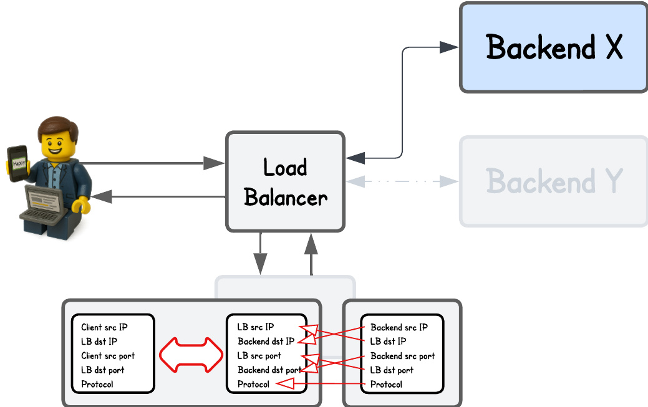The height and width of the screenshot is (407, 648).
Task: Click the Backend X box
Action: pos(553,47)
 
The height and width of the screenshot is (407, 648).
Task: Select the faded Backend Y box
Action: pos(553,181)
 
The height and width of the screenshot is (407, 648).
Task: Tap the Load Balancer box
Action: pos(285,182)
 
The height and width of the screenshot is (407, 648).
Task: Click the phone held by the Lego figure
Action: pos(17,163)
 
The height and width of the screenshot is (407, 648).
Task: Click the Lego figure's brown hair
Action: pos(58,127)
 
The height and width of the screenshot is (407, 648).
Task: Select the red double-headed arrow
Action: pos(190,355)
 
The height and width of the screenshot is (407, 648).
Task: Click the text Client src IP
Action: pos(109,327)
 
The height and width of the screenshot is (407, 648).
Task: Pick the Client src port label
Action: pos(108,356)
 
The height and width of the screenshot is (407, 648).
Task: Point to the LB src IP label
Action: pos(256,327)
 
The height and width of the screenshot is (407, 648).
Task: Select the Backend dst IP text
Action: pos(266,342)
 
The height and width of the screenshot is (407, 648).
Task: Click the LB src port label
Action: pos(259,356)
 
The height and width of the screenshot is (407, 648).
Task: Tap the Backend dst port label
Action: pos(269,370)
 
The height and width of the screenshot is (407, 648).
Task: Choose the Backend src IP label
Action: pos(399,327)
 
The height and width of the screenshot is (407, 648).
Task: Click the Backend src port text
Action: pos(402,356)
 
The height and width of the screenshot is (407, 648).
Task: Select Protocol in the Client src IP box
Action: pos(97,385)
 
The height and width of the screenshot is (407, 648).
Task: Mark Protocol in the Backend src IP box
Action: pos(386,385)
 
